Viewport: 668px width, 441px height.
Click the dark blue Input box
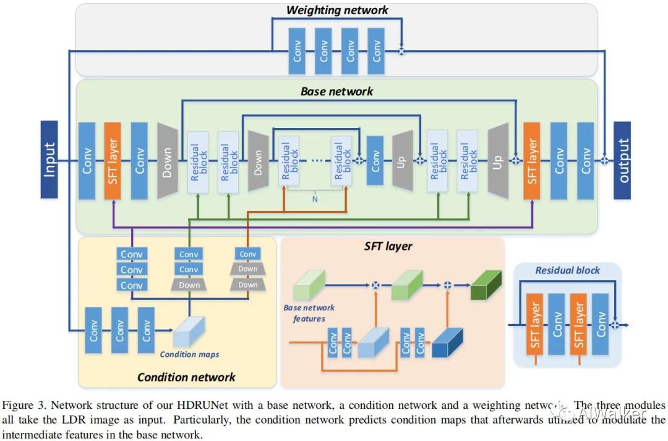(x=49, y=160)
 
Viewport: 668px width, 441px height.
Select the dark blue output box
(x=622, y=160)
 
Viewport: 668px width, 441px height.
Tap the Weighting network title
(x=337, y=10)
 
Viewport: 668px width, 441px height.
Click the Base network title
(x=337, y=92)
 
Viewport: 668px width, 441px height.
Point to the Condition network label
(x=186, y=377)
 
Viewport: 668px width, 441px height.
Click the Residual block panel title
(x=567, y=270)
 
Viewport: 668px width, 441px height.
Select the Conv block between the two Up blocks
(x=375, y=160)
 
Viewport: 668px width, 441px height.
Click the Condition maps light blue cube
(x=188, y=332)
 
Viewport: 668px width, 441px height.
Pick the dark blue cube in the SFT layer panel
(x=448, y=343)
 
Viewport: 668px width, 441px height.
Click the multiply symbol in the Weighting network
(x=401, y=52)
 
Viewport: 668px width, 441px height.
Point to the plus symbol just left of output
(x=605, y=160)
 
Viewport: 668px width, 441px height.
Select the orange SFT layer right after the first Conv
(x=113, y=160)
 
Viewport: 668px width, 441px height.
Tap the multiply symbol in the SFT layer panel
(x=374, y=285)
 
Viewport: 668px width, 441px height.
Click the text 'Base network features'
(x=309, y=313)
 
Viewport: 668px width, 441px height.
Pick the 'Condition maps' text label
(x=189, y=354)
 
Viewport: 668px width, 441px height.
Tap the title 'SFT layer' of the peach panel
(x=388, y=246)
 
